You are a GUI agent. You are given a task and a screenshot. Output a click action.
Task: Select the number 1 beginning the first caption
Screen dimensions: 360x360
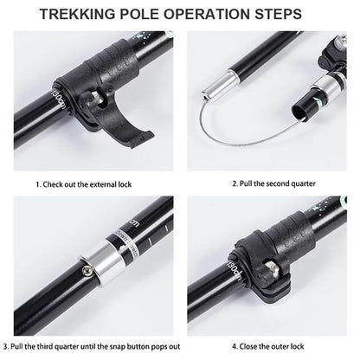[x=38, y=184]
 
